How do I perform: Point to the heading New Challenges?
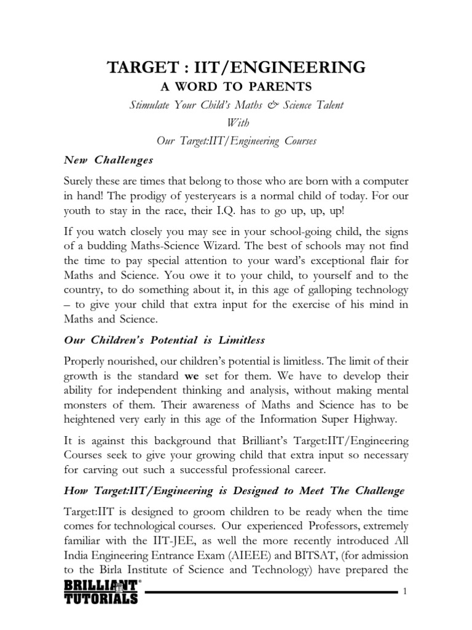(108, 160)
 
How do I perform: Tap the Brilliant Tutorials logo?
(101, 591)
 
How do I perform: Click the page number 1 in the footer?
(405, 592)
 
